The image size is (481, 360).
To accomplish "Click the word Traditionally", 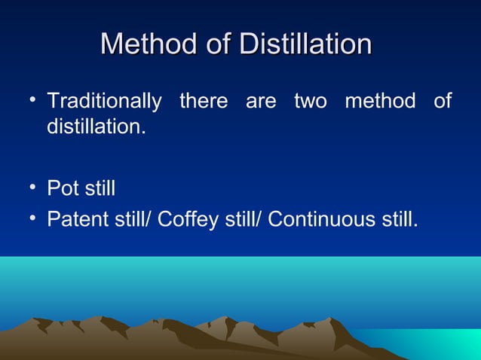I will click(x=104, y=101).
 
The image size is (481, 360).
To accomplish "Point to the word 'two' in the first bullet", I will click(x=311, y=101).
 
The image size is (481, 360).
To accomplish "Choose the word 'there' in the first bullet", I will click(x=204, y=101).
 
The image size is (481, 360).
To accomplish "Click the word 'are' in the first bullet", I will click(x=261, y=101).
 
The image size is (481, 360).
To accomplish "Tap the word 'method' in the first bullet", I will click(x=380, y=101).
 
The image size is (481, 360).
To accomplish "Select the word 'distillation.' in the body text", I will click(x=97, y=126).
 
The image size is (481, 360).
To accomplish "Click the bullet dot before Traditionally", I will click(x=34, y=99).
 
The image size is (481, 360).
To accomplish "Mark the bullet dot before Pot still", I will click(x=34, y=186).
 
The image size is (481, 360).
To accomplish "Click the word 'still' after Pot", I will click(x=100, y=188).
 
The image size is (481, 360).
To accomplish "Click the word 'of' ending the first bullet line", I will click(x=443, y=101).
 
